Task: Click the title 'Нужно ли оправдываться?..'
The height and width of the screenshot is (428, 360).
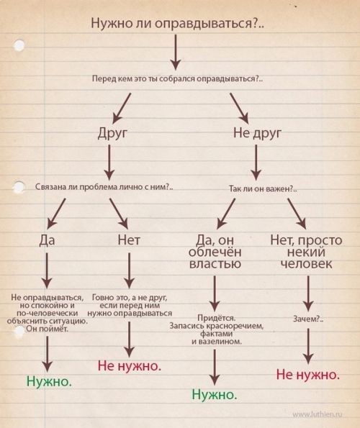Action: [x=178, y=23]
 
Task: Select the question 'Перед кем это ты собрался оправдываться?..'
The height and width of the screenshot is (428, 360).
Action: [x=178, y=79]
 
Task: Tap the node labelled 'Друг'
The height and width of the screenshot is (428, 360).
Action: [x=113, y=133]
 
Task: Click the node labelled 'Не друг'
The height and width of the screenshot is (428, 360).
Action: [x=257, y=133]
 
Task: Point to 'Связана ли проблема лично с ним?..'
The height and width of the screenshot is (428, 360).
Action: [x=104, y=187]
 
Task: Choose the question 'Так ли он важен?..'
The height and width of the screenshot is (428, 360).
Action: [x=263, y=188]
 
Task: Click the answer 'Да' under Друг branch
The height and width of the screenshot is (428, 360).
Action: [x=47, y=240]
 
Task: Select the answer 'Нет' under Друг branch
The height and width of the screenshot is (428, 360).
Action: [x=129, y=240]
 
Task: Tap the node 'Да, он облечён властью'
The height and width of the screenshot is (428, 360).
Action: [x=215, y=252]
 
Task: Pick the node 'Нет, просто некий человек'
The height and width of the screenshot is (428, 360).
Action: [x=306, y=252]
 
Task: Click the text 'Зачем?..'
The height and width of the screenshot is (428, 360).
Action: [x=308, y=319]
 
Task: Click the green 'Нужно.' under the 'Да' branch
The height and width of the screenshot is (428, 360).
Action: [x=49, y=381]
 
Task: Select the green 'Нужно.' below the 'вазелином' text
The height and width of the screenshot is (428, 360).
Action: [x=215, y=394]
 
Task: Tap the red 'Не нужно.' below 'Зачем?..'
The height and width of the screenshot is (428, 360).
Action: [x=308, y=375]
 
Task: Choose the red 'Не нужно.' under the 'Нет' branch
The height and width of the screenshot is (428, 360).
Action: [x=130, y=365]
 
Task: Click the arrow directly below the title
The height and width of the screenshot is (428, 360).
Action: [x=176, y=52]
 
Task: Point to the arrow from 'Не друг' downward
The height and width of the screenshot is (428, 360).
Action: [x=256, y=162]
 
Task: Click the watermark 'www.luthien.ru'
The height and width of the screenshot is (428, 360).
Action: [x=318, y=414]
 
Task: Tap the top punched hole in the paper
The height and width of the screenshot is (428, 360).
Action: [x=19, y=45]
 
